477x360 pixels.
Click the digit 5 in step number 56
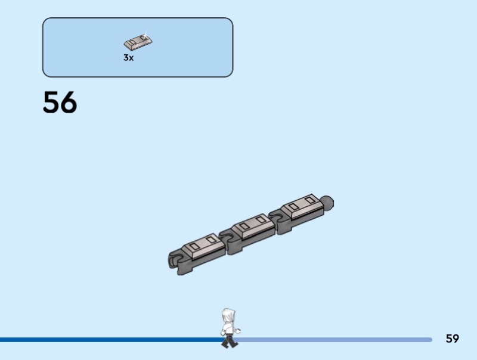pyautogui.click(x=51, y=102)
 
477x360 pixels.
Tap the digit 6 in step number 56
pyautogui.click(x=69, y=102)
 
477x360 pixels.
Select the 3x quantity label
pyautogui.click(x=128, y=57)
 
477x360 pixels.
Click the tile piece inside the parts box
pyautogui.click(x=138, y=42)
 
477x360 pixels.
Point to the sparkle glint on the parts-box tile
pyautogui.click(x=145, y=35)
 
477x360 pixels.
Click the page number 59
pyautogui.click(x=453, y=339)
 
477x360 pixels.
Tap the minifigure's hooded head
pyautogui.click(x=228, y=316)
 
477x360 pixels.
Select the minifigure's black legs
pyautogui.click(x=230, y=341)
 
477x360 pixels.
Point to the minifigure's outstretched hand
pyautogui.click(x=238, y=330)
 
